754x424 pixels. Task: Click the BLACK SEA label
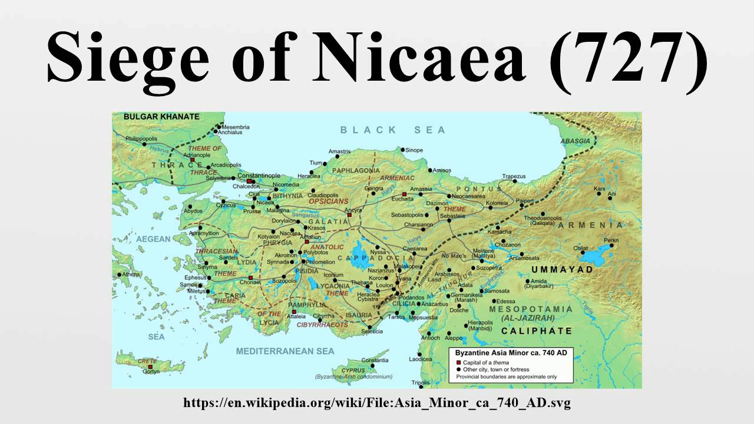tap(393, 130)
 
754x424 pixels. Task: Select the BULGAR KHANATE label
tap(161, 117)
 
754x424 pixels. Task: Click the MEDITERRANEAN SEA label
tap(285, 351)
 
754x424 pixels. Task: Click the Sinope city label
tap(414, 150)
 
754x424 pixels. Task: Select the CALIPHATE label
tap(537, 331)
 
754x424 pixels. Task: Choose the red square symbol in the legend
tap(459, 362)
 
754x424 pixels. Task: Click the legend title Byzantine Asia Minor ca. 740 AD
tap(510, 353)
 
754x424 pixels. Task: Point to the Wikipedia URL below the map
tap(377, 403)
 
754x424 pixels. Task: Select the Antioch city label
tap(430, 337)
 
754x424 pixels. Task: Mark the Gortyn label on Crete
tap(155, 372)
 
